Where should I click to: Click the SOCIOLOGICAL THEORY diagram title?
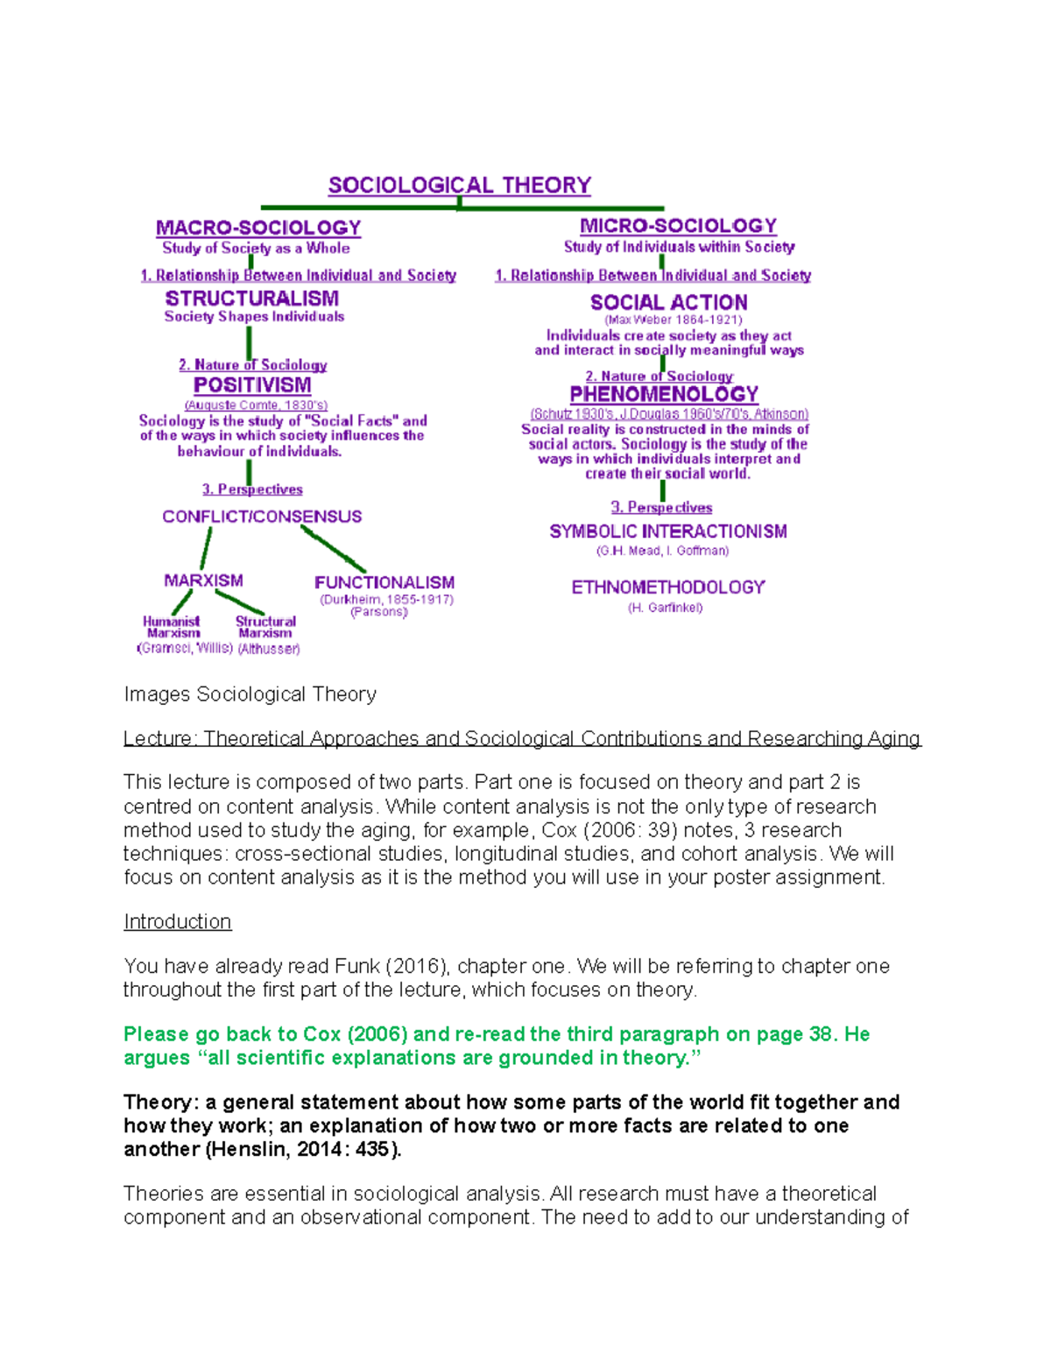pos(459,186)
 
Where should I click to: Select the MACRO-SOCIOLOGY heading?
pos(258,228)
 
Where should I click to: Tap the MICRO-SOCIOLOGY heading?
pos(678,226)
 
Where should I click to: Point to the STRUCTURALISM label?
pos(252,299)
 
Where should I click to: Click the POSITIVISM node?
pos(252,385)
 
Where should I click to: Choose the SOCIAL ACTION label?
pos(668,302)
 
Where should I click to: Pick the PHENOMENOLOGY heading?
pos(664,395)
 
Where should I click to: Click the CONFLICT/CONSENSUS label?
pos(262,517)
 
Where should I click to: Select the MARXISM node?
pos(203,581)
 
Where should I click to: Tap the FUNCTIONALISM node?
pos(384,582)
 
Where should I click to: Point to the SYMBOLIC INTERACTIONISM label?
pos(668,532)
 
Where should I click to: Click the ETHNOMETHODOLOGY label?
pos(668,588)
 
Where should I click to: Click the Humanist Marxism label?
pos(173,627)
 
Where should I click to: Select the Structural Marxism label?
pos(265,627)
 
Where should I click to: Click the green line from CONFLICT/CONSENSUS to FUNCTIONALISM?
pos(333,548)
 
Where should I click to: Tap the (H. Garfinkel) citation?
pos(665,608)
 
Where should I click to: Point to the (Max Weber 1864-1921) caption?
pos(673,321)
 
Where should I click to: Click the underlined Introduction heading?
pos(177,922)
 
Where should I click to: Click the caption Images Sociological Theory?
pos(250,694)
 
